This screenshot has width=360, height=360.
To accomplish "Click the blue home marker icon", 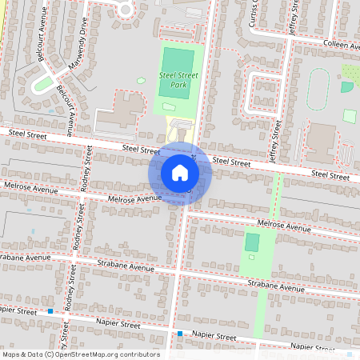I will tap(180, 172).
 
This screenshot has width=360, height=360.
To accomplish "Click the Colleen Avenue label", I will tap(341, 46).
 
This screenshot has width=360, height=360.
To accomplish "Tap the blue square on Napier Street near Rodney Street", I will tap(50, 310).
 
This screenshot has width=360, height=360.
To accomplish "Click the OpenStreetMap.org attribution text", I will tap(112, 354).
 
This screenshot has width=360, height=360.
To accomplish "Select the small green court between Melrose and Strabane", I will tap(252, 242).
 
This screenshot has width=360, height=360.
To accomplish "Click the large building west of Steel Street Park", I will tap(120, 118).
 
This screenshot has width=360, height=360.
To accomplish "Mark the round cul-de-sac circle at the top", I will tap(125, 8).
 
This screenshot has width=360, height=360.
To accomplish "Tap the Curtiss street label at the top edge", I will tap(254, 14).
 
